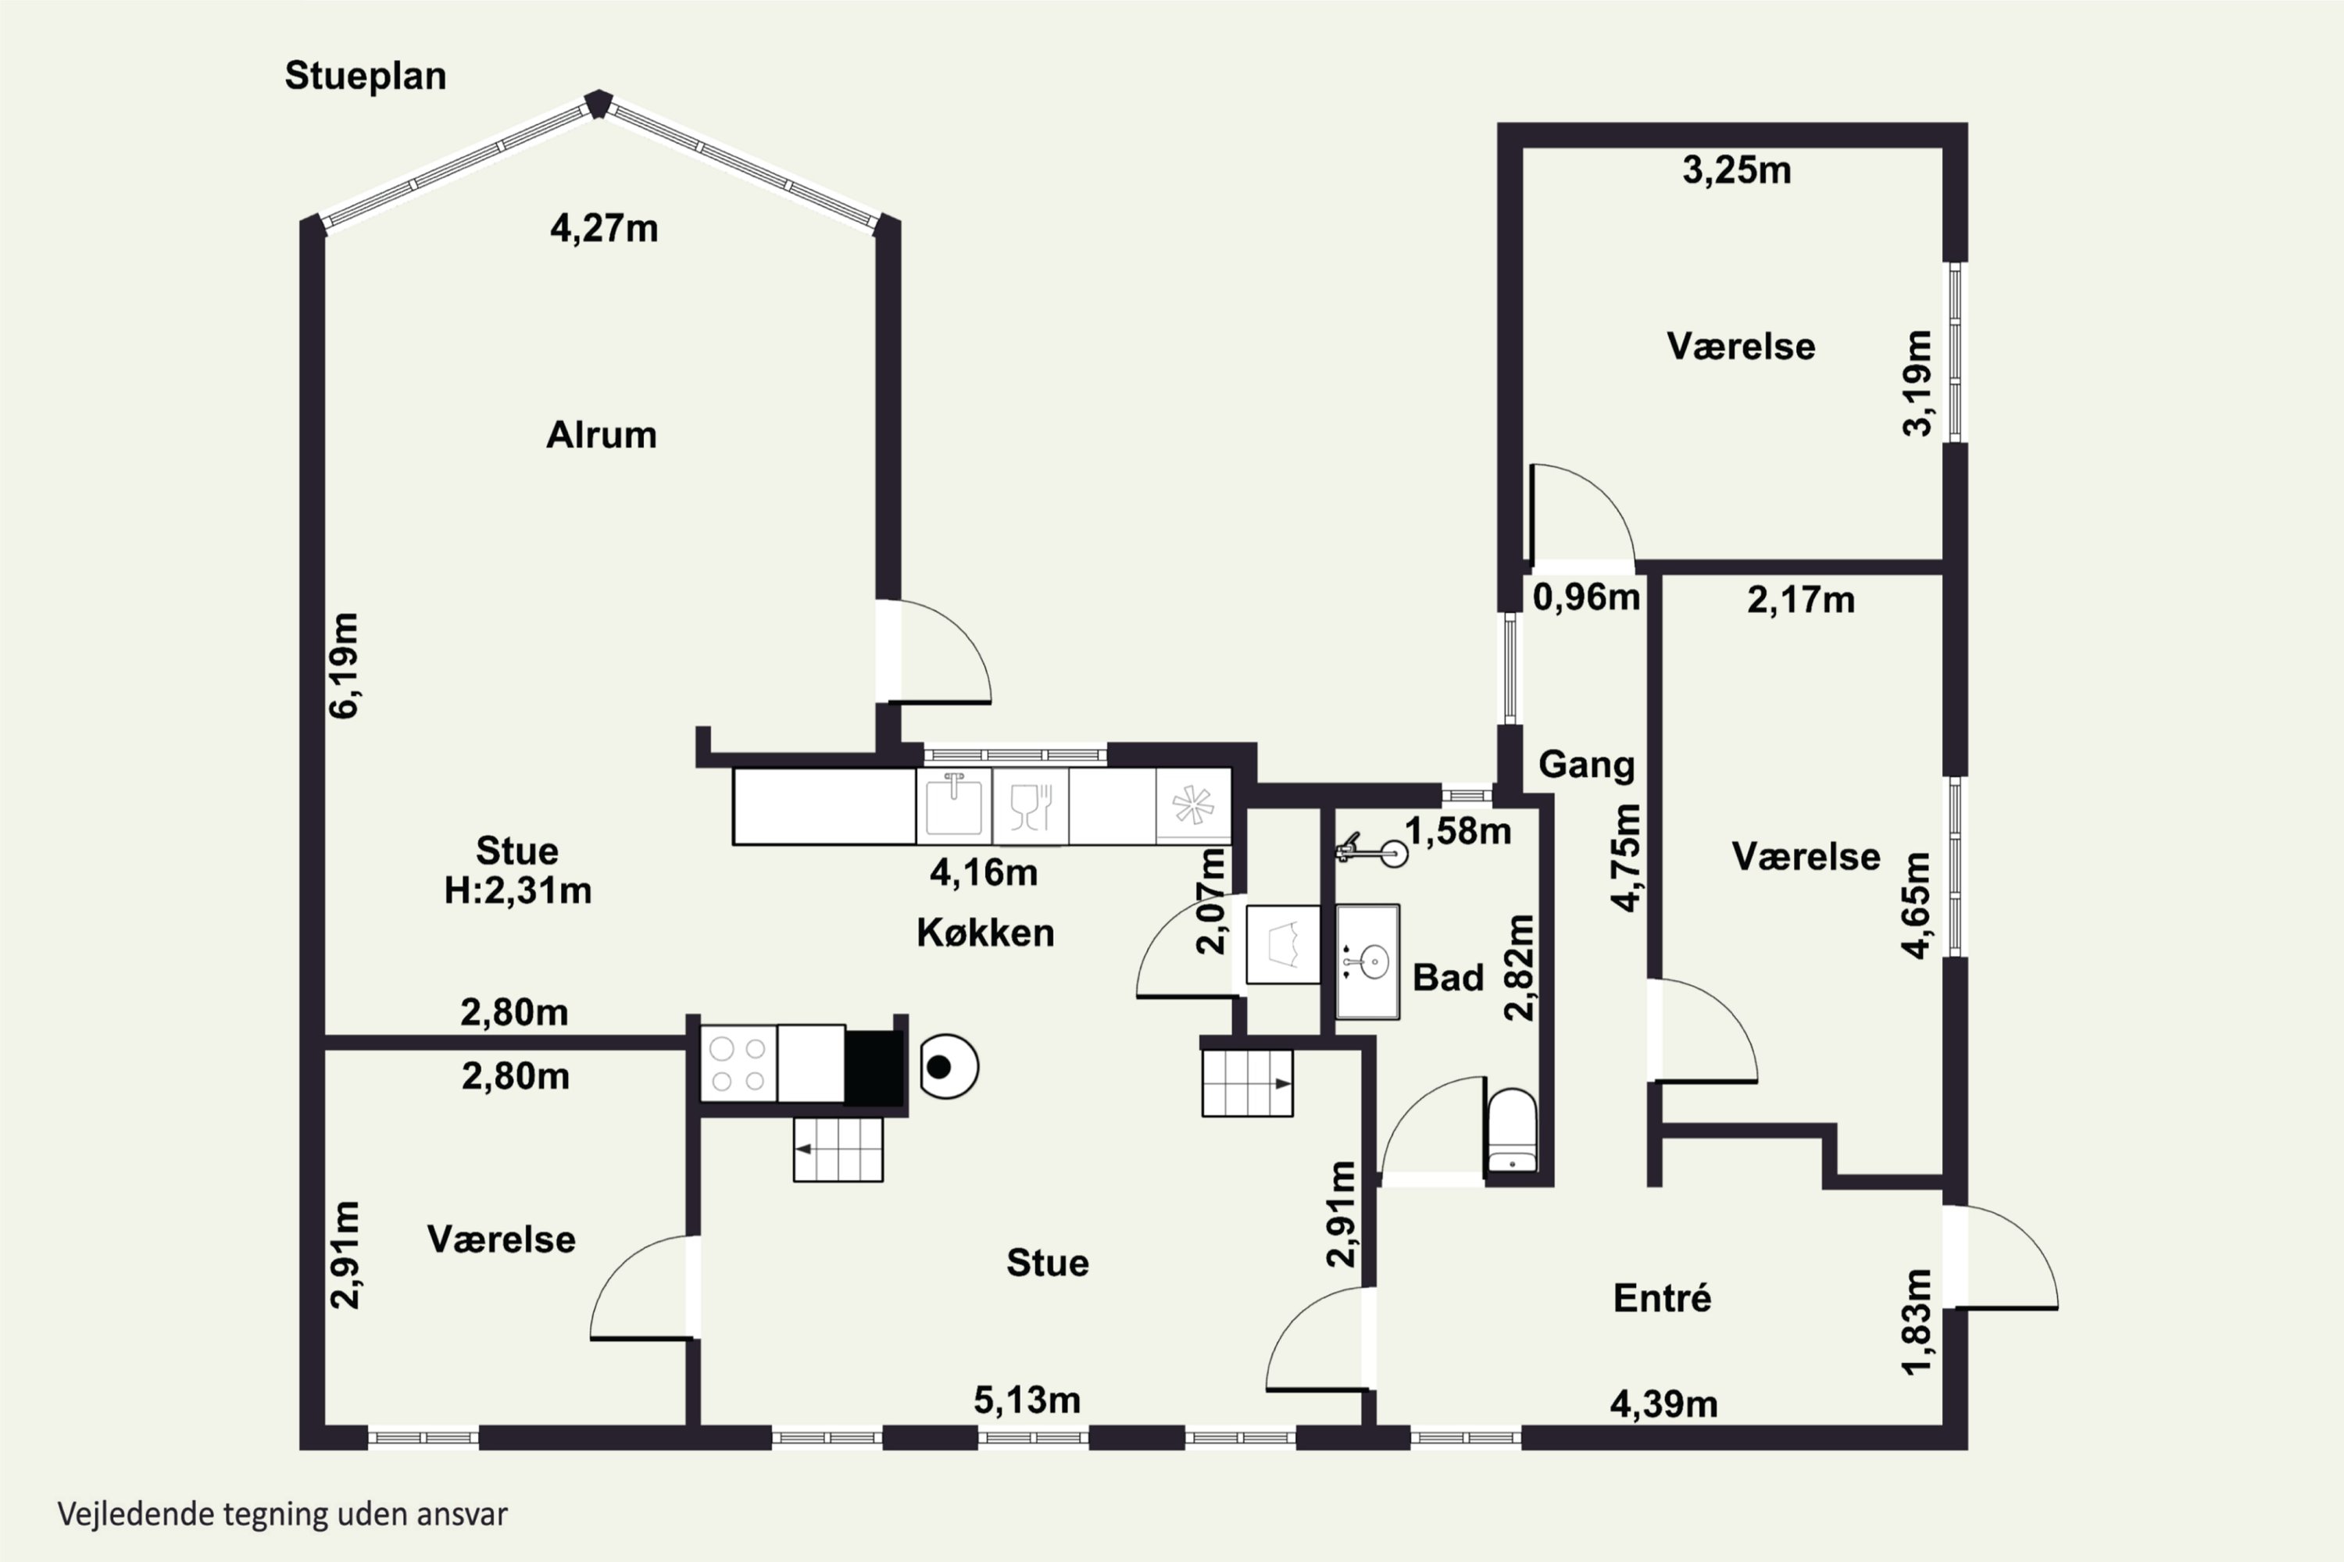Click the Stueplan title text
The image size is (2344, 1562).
pyautogui.click(x=365, y=77)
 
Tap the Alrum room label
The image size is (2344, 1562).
pyautogui.click(x=601, y=435)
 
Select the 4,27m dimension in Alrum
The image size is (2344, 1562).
pyautogui.click(x=604, y=229)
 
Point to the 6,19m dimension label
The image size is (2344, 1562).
pyautogui.click(x=344, y=665)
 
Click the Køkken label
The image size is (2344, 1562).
pyautogui.click(x=984, y=933)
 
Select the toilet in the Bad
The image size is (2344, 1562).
pyautogui.click(x=1512, y=1131)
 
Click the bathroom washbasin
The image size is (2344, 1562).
pyautogui.click(x=1367, y=962)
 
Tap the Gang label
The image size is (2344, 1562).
pyautogui.click(x=1587, y=765)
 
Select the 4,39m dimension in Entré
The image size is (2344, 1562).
pyautogui.click(x=1664, y=1404)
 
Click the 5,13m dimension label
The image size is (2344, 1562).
pyautogui.click(x=1027, y=1400)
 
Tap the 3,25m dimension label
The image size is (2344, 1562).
pyautogui.click(x=1737, y=171)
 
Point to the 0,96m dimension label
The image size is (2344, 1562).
pyautogui.click(x=1585, y=597)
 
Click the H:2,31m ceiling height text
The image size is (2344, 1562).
pyautogui.click(x=517, y=890)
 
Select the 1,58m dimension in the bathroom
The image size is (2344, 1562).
pyautogui.click(x=1458, y=831)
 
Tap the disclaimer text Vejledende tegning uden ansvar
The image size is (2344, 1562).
pyautogui.click(x=283, y=1515)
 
